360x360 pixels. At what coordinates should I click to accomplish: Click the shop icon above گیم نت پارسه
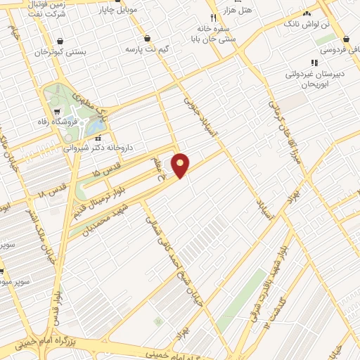147,39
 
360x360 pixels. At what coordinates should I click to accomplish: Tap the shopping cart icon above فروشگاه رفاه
56,111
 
